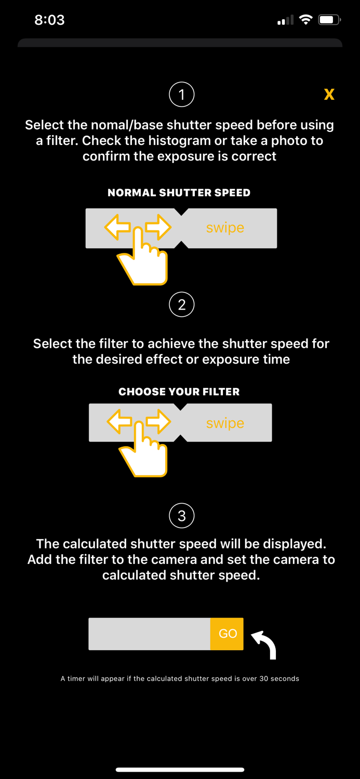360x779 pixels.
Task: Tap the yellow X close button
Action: [329, 94]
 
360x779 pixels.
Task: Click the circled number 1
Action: [181, 95]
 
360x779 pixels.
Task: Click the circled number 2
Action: [181, 304]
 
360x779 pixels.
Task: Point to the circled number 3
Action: [181, 516]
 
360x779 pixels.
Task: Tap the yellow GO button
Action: [227, 634]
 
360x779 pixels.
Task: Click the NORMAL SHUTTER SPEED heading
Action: [179, 193]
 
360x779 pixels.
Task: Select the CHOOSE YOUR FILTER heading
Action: [179, 392]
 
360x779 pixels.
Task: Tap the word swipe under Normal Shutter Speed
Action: [225, 228]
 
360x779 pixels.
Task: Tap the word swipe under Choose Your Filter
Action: [225, 423]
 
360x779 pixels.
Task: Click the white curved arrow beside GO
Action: [265, 644]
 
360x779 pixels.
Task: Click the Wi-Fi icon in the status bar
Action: [306, 20]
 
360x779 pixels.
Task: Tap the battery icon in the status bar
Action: [329, 20]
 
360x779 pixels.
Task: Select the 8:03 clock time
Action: [49, 20]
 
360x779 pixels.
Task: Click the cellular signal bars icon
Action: [285, 20]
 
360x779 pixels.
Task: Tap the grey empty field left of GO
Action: [149, 634]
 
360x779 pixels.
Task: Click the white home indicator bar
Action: [180, 769]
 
